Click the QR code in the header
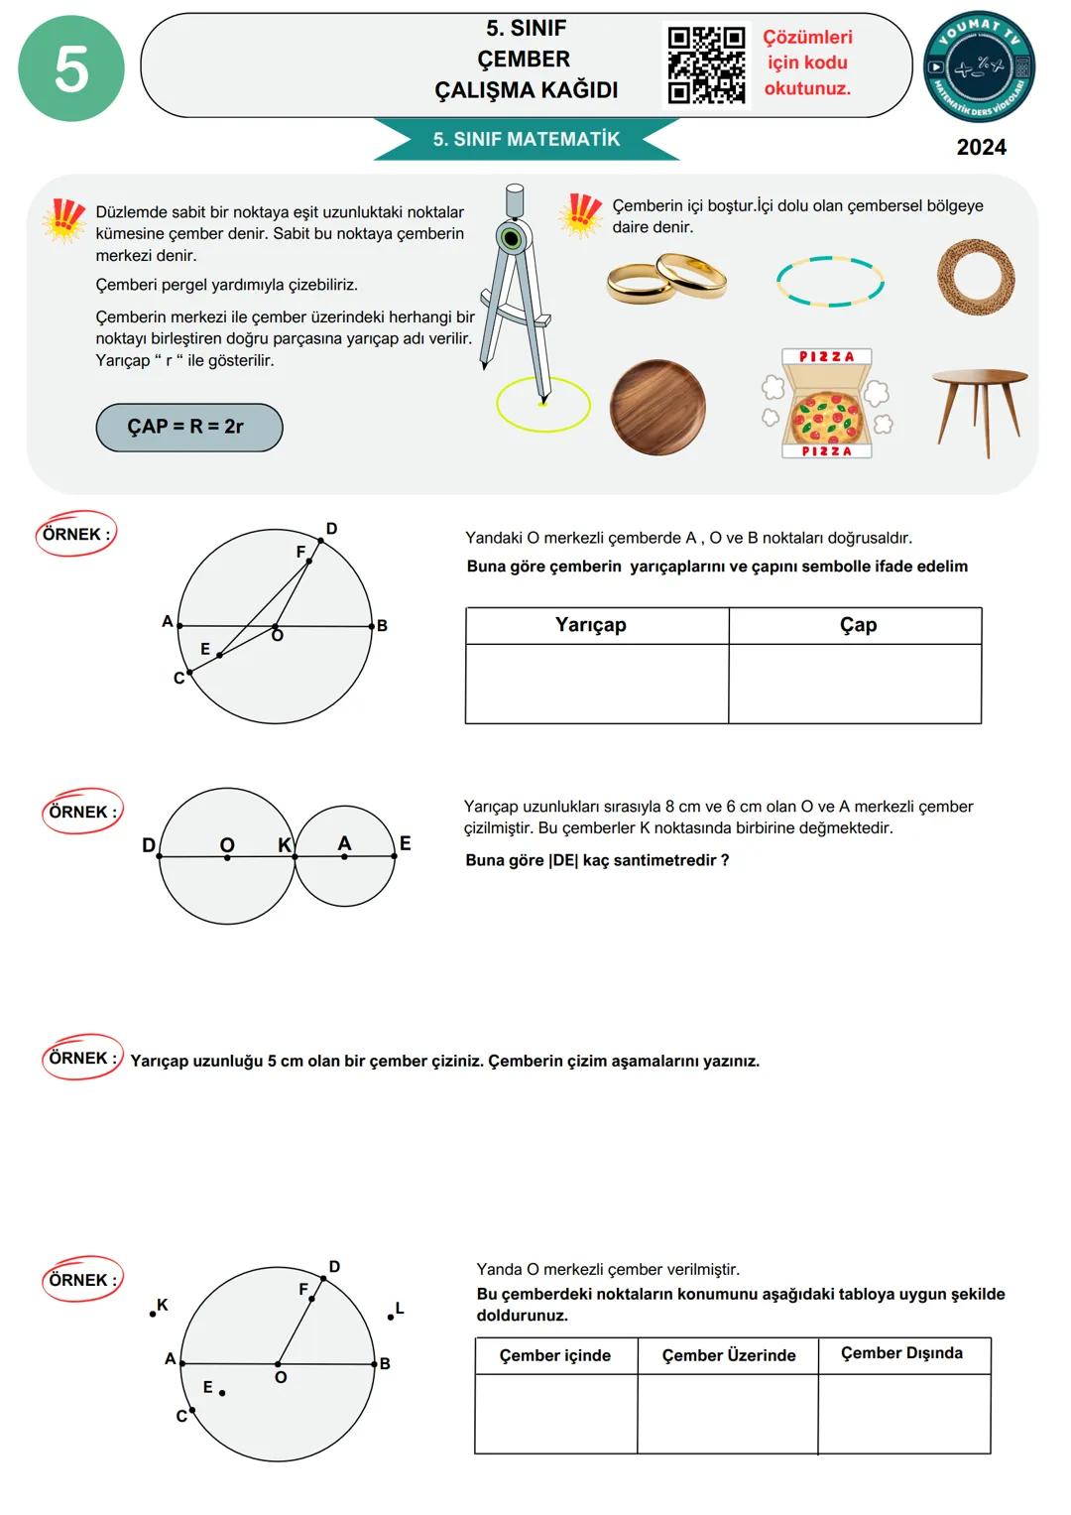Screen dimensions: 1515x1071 (706, 65)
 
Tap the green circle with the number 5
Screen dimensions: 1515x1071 (71, 68)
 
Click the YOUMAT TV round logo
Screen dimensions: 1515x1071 (979, 66)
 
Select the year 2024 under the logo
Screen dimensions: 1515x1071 (981, 147)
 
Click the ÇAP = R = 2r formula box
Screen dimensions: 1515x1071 (188, 427)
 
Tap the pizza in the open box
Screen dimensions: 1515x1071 (825, 415)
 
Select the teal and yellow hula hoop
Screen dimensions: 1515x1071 (830, 281)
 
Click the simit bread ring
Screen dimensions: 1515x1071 (976, 277)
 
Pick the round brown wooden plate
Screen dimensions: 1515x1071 (657, 408)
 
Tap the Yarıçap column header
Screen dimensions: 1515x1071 (591, 625)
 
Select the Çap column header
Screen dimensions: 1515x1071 (858, 625)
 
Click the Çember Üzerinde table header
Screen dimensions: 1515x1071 (729, 1355)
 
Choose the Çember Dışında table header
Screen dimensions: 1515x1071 (901, 1353)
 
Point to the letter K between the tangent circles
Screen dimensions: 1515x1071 (285, 845)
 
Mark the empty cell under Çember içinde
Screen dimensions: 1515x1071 (555, 1414)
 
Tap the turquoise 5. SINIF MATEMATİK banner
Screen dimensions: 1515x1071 (527, 140)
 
